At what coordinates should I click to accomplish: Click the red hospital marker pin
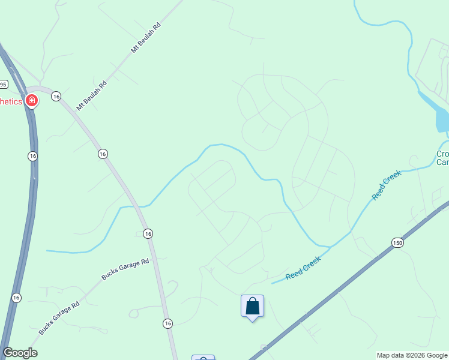(x=31, y=101)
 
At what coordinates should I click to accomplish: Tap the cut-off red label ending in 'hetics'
(x=11, y=101)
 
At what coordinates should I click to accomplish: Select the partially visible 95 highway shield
(x=3, y=83)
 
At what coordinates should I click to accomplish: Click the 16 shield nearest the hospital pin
(x=56, y=96)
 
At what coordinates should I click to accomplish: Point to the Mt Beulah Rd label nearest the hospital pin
(x=91, y=95)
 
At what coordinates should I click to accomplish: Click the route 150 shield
(x=397, y=242)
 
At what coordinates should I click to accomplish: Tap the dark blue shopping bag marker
(x=252, y=307)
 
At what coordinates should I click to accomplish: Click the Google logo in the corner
(x=20, y=353)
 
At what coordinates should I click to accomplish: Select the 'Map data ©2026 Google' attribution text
(x=412, y=355)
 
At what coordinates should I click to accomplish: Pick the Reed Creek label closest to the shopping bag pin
(x=303, y=268)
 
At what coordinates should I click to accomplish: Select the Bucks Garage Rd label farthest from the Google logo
(x=125, y=269)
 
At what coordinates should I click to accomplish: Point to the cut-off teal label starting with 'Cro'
(x=442, y=158)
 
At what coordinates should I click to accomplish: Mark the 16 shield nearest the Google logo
(x=16, y=297)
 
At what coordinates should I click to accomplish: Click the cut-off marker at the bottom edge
(x=203, y=358)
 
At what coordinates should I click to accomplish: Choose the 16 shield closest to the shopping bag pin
(x=167, y=323)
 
